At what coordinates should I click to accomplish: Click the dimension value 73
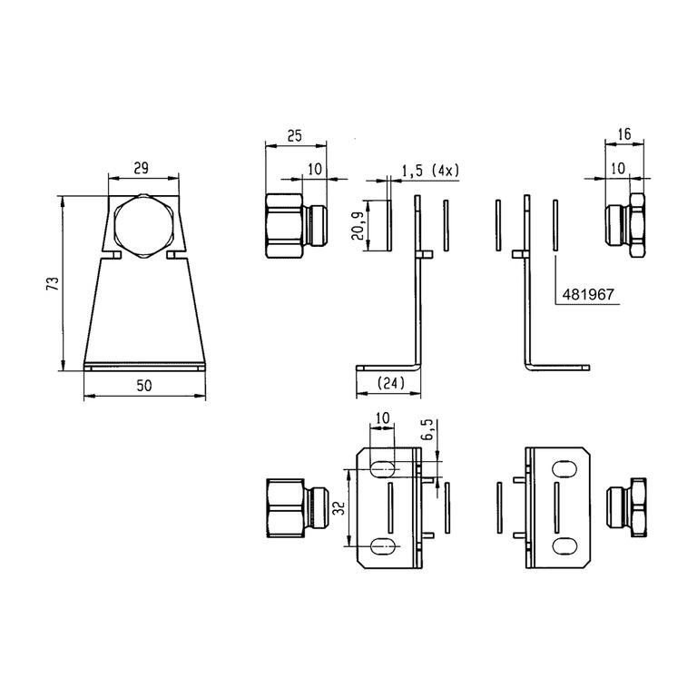pos(53,283)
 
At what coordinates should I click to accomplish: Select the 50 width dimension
pos(144,386)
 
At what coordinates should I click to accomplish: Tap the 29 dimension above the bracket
pos(142,169)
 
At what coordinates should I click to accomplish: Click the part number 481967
pos(588,294)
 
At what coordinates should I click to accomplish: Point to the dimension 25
pos(294,135)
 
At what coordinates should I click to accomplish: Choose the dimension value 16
pos(624,133)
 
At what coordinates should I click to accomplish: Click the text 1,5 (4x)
pos(430,171)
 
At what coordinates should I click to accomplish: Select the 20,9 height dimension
pos(358,225)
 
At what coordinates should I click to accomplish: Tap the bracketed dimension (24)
pos(390,383)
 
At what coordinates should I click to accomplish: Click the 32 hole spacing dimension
pos(339,507)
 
